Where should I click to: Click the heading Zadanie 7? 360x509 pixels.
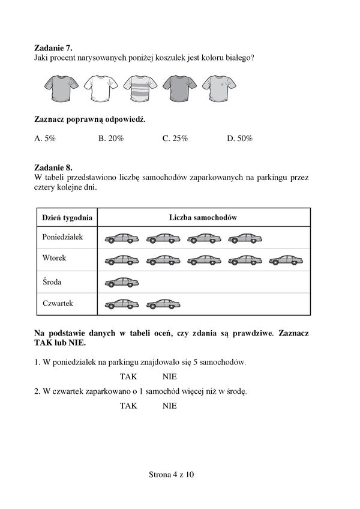point(56,46)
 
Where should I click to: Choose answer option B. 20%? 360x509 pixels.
point(110,138)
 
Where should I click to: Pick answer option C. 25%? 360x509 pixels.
point(175,138)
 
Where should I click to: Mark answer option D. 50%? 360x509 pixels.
point(239,138)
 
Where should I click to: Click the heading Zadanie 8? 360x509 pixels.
point(56,168)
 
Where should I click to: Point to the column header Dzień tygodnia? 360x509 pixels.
point(67,217)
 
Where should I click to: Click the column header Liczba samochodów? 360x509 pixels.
point(204,217)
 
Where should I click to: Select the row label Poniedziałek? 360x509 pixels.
point(66,237)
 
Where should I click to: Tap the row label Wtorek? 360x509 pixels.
point(55,259)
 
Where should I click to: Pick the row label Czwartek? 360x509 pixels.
point(58,303)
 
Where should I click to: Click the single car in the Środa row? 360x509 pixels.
point(122,282)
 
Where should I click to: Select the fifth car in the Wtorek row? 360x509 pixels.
point(286,260)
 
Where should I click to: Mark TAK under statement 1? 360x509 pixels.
point(128,378)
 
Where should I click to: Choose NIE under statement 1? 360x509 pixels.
point(170,378)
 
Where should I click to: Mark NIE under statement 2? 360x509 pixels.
point(170,406)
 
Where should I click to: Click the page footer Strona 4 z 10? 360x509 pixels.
point(172,475)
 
